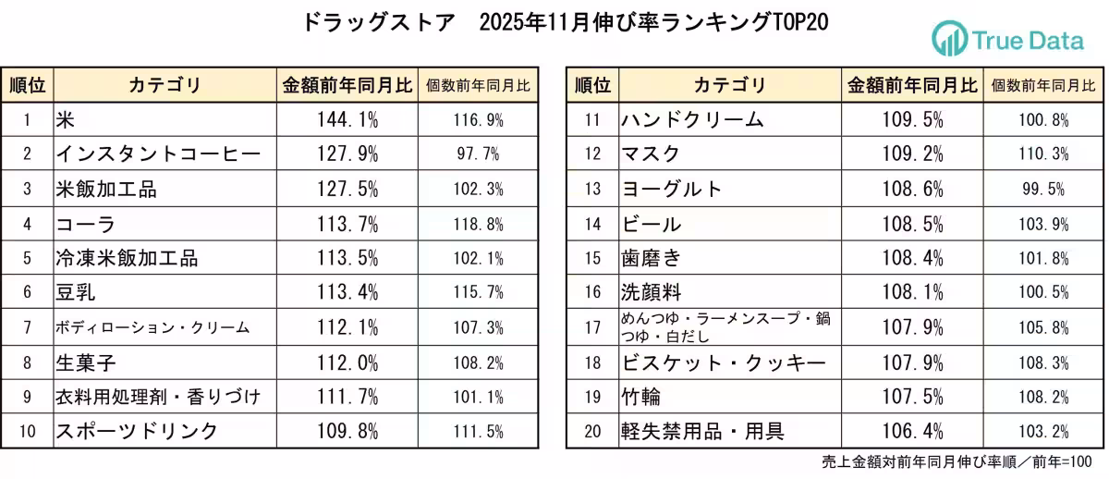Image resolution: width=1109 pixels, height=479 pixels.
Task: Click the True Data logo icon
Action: pyautogui.click(x=949, y=39)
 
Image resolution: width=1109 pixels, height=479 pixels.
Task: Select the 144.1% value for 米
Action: pyautogui.click(x=347, y=119)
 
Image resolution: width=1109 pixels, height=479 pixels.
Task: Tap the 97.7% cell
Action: pyautogui.click(x=478, y=154)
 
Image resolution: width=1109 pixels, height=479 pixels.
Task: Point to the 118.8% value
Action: pyautogui.click(x=478, y=224)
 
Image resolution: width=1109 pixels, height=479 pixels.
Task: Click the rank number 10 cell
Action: pyautogui.click(x=27, y=431)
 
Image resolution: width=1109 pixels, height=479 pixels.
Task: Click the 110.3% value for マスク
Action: pyautogui.click(x=1043, y=154)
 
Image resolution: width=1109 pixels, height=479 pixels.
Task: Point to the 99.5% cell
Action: pyautogui.click(x=1043, y=189)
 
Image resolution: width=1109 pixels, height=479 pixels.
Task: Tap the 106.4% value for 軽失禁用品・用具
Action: pyautogui.click(x=912, y=431)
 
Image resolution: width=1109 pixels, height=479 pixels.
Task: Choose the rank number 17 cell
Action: pyautogui.click(x=592, y=327)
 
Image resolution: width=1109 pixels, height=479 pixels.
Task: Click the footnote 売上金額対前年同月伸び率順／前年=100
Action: pyautogui.click(x=957, y=461)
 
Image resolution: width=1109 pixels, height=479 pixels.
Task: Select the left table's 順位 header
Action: pyautogui.click(x=27, y=86)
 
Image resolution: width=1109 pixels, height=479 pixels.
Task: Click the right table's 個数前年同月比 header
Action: pyautogui.click(x=1043, y=86)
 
